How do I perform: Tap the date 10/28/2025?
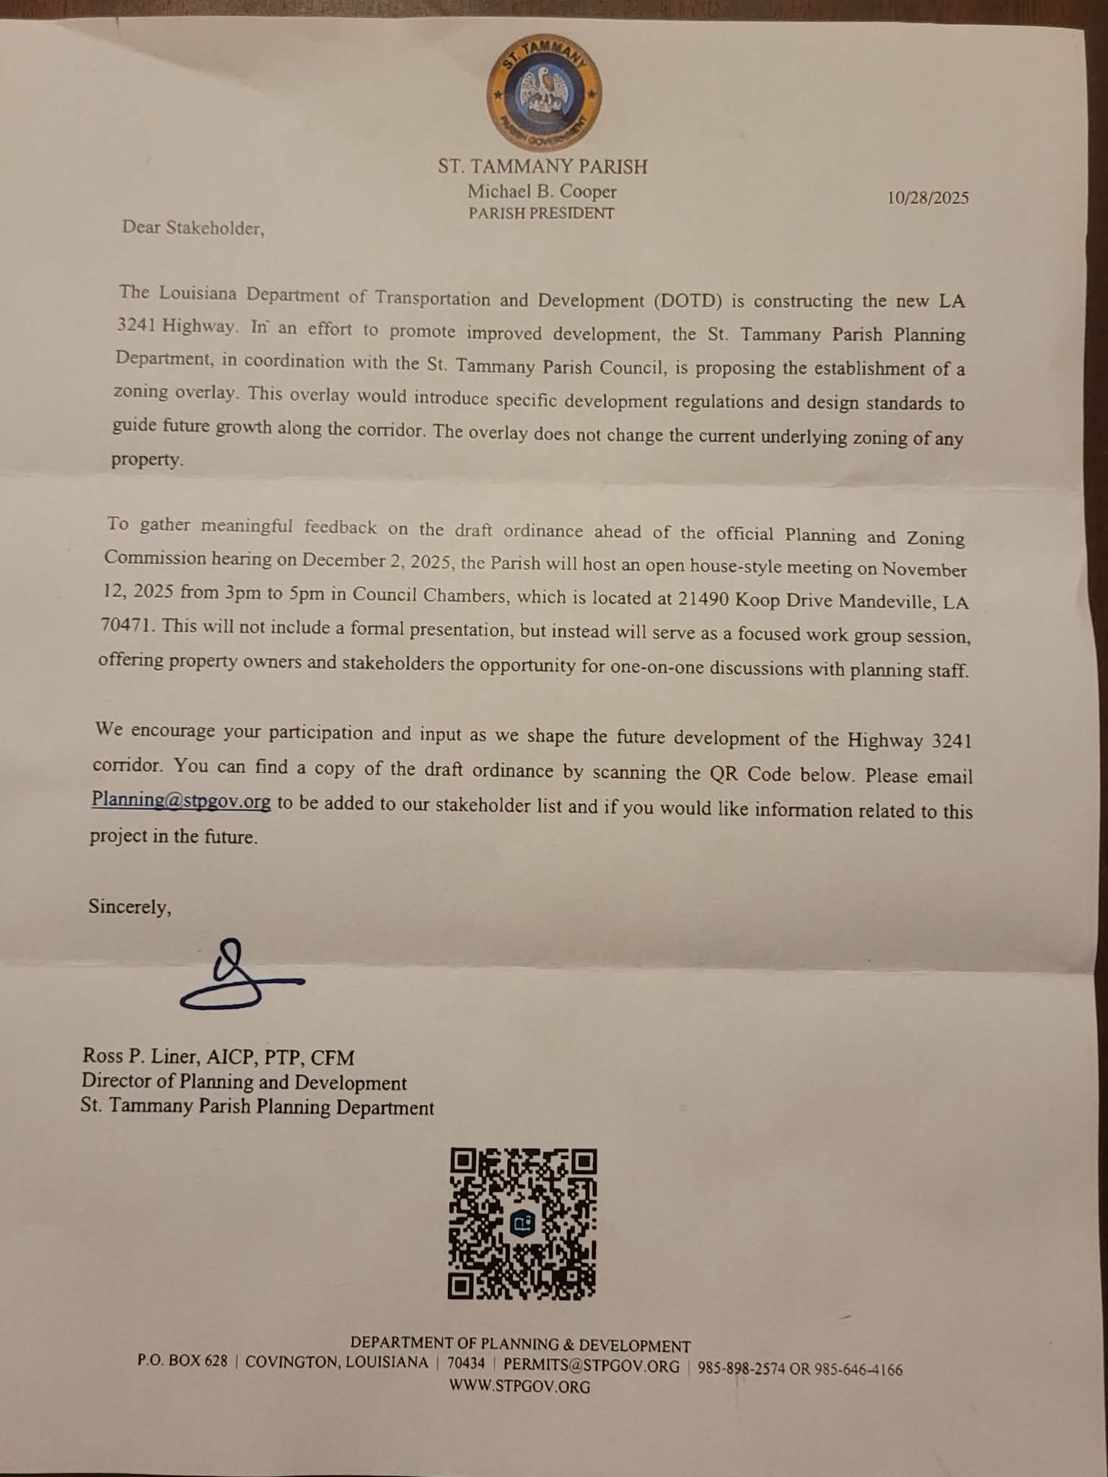pos(928,198)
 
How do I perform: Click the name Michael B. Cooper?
pos(542,192)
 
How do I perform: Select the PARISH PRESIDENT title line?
pos(541,213)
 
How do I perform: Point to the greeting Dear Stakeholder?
pos(193,228)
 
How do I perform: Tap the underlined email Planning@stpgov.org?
pos(181,801)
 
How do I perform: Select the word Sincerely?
pos(130,907)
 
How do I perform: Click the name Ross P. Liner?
pos(140,1057)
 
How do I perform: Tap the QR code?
pos(522,1224)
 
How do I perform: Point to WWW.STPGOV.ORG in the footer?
pos(519,1386)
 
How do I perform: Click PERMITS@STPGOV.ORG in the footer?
pos(591,1366)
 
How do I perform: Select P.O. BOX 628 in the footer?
pos(183,1361)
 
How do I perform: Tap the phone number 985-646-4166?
pos(858,1370)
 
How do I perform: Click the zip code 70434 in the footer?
pos(466,1363)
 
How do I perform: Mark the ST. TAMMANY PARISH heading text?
pos(542,167)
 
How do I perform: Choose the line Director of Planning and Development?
pos(244,1082)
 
